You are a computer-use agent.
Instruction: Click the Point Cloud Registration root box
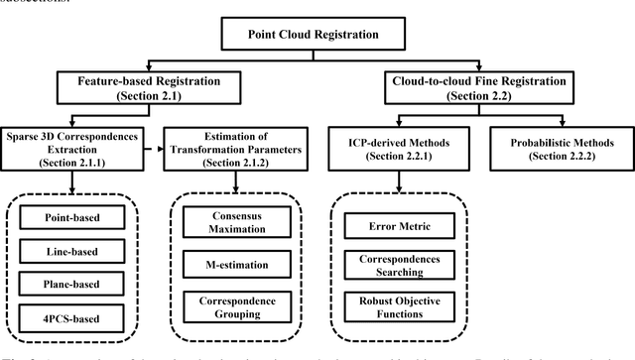(x=314, y=35)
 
